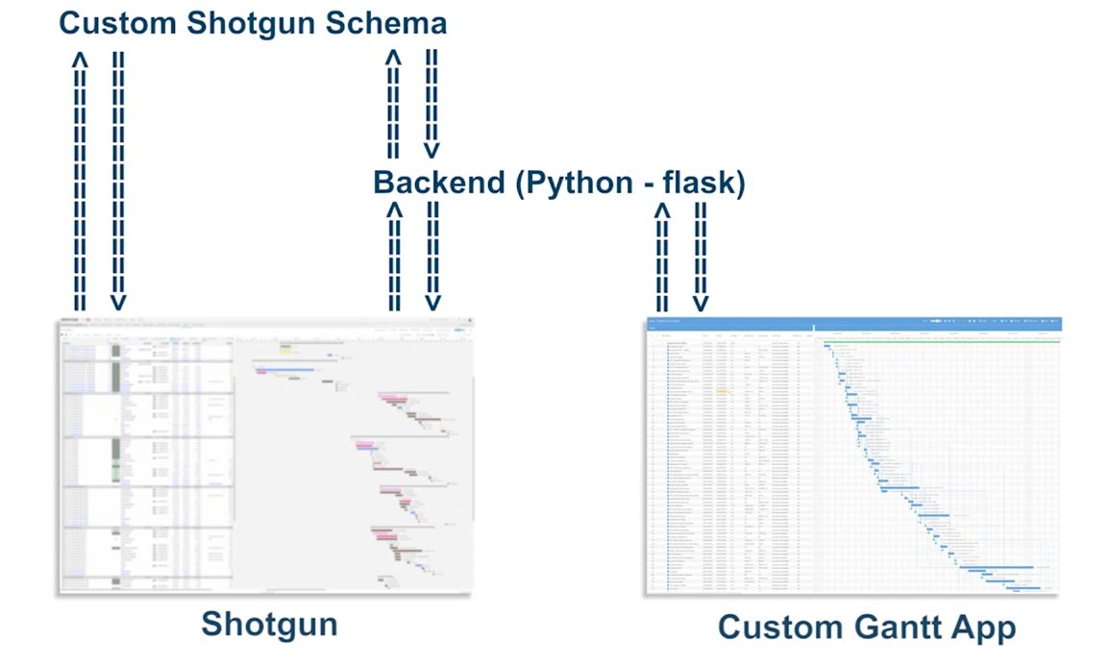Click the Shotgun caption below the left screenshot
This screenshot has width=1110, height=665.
pyautogui.click(x=269, y=625)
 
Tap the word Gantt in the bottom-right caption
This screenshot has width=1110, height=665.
pyautogui.click(x=897, y=628)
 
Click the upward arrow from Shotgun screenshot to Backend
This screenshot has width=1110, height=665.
pyautogui.click(x=394, y=255)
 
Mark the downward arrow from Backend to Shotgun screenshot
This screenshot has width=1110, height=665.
pyautogui.click(x=432, y=255)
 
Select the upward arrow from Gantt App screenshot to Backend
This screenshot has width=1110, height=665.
pyautogui.click(x=662, y=255)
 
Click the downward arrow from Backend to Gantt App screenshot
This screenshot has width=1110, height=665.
pyautogui.click(x=701, y=255)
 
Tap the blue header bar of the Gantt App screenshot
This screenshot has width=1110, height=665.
pyautogui.click(x=852, y=321)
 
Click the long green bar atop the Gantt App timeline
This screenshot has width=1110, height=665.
pyautogui.click(x=937, y=338)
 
